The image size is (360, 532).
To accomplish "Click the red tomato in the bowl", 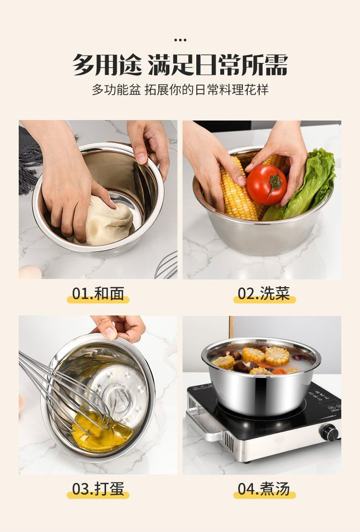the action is point(266,185).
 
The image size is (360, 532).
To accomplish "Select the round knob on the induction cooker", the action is point(329,433).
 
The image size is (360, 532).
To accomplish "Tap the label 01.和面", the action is point(98,293).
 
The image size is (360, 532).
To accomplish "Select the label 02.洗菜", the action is point(264,293).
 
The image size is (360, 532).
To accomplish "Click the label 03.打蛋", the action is point(98,489).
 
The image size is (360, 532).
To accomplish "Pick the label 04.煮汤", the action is point(264,489).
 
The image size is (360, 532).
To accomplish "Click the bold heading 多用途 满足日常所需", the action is point(180,64).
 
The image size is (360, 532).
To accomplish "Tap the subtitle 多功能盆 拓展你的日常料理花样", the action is point(180,90).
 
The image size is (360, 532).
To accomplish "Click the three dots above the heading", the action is point(180,40).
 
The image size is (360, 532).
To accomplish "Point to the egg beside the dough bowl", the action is point(30,272).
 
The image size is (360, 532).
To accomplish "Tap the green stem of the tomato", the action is point(275,183).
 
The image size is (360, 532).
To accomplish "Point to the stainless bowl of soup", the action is point(261,376).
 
